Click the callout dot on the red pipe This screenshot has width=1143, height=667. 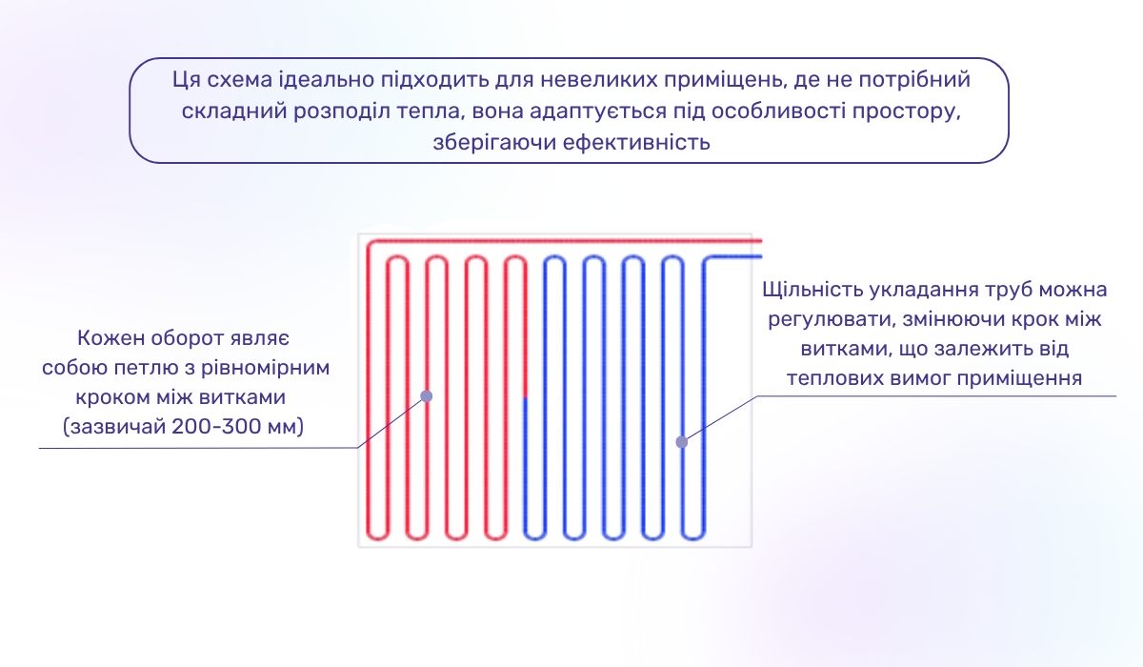click(427, 395)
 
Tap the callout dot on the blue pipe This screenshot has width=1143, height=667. click(681, 442)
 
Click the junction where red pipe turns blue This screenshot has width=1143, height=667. click(524, 396)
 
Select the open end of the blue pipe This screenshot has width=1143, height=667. click(759, 257)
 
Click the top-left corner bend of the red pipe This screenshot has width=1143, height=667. click(371, 243)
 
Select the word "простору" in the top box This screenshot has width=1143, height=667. click(907, 111)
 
